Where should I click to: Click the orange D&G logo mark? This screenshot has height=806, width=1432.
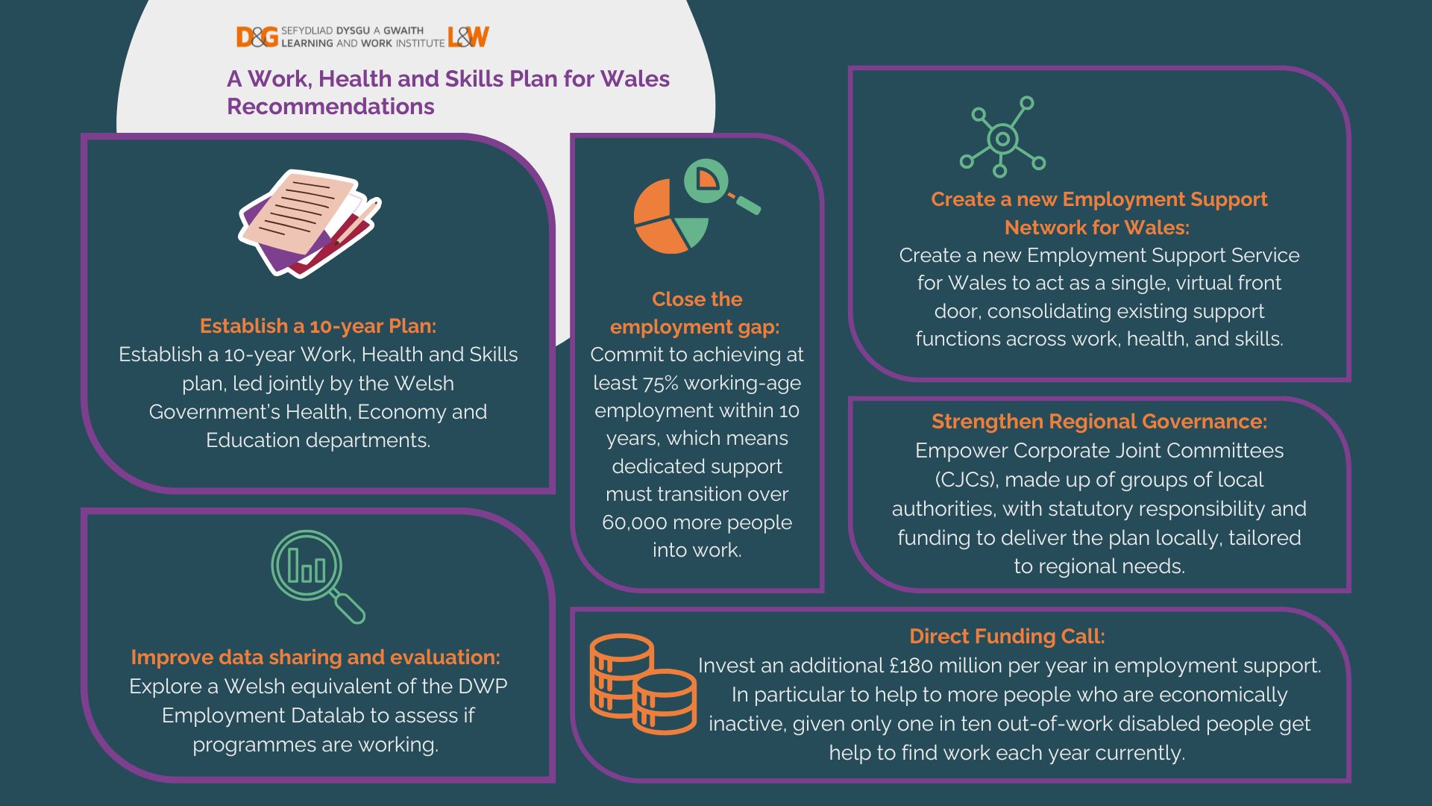(x=257, y=37)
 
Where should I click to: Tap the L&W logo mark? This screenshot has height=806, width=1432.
(x=468, y=37)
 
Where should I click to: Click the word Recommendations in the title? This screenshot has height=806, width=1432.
(x=330, y=107)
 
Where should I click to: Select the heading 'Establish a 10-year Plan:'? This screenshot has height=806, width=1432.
(x=318, y=326)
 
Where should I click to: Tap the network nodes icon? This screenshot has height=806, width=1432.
(x=1002, y=137)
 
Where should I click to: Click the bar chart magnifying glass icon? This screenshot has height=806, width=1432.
(x=316, y=575)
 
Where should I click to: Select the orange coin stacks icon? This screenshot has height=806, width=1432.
(x=642, y=683)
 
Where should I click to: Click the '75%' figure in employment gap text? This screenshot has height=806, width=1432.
(x=660, y=383)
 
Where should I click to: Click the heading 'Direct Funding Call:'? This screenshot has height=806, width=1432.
(x=1007, y=637)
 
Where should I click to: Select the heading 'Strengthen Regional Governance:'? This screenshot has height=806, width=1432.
(x=1099, y=422)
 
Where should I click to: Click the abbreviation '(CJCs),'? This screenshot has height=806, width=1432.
(x=967, y=480)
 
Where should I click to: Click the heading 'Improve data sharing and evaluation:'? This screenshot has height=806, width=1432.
(x=315, y=657)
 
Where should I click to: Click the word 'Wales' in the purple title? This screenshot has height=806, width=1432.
(x=635, y=79)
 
